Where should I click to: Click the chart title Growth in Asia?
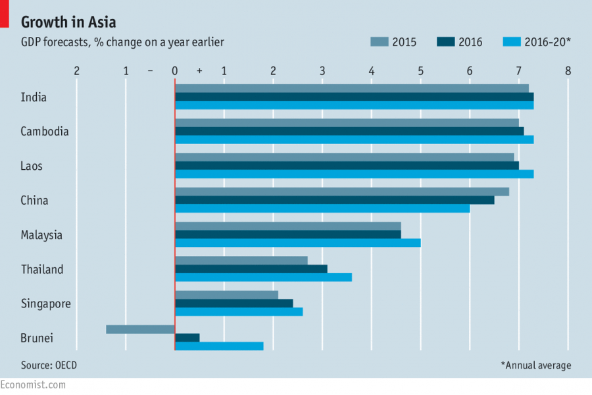68,22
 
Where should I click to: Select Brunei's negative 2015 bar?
140,329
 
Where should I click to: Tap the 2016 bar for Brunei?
187,338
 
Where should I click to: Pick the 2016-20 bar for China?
322,208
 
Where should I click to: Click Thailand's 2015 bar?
241,261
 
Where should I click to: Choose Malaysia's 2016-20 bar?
297,242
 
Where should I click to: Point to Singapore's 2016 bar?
234,303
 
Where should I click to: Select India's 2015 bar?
352,88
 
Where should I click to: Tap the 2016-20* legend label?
547,42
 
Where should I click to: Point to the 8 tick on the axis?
568,70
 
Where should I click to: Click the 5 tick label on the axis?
420,70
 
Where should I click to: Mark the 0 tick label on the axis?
174,70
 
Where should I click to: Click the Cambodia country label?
45,131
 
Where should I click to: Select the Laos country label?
32,166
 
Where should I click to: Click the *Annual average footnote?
535,365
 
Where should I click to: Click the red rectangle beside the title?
4,14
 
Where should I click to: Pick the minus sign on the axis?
151,70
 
